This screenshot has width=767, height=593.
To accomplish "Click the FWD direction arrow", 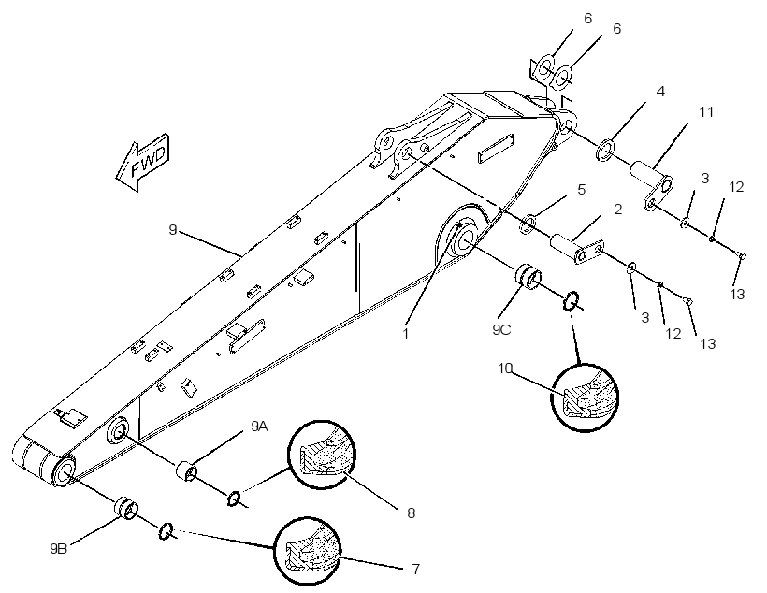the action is (x=143, y=162).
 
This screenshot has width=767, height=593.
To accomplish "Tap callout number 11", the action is (x=706, y=112).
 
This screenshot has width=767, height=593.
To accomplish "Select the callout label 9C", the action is (x=501, y=330).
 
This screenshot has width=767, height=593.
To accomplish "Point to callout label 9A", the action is (x=259, y=427).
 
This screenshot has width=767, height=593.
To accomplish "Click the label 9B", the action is (x=58, y=548).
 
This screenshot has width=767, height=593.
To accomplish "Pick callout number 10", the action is (x=505, y=368).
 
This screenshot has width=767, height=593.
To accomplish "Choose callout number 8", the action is (x=411, y=513).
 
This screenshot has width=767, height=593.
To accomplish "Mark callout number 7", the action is (x=416, y=569).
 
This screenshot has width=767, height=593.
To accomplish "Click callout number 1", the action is (x=406, y=334).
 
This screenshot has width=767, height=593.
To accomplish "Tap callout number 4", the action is (x=660, y=91).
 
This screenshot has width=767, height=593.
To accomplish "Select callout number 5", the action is (x=581, y=189).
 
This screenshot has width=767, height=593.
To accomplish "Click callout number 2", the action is (x=617, y=210).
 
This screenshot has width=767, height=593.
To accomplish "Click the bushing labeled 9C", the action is (x=527, y=277).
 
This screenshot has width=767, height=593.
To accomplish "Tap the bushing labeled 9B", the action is (x=125, y=509).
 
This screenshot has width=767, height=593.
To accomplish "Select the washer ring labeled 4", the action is (x=605, y=150).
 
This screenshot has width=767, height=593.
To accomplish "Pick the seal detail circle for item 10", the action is (x=585, y=398).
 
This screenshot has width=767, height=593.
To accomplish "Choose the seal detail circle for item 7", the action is (x=308, y=551).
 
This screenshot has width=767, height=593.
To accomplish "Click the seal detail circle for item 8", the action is (x=322, y=454).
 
